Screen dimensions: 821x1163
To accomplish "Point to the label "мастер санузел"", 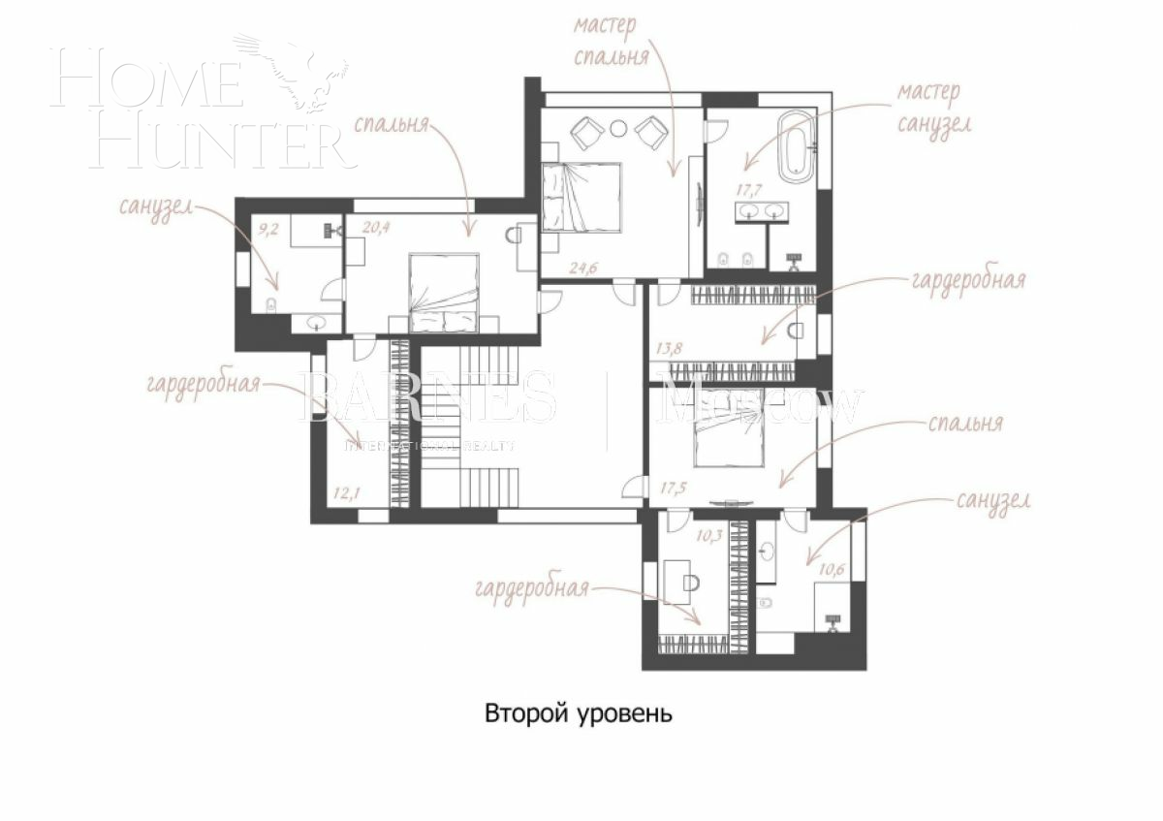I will coord(931,107).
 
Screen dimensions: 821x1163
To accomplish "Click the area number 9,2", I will coord(269,230).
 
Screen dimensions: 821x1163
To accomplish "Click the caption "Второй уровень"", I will coord(578,714).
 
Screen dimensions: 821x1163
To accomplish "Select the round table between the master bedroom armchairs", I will coord(619,126).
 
